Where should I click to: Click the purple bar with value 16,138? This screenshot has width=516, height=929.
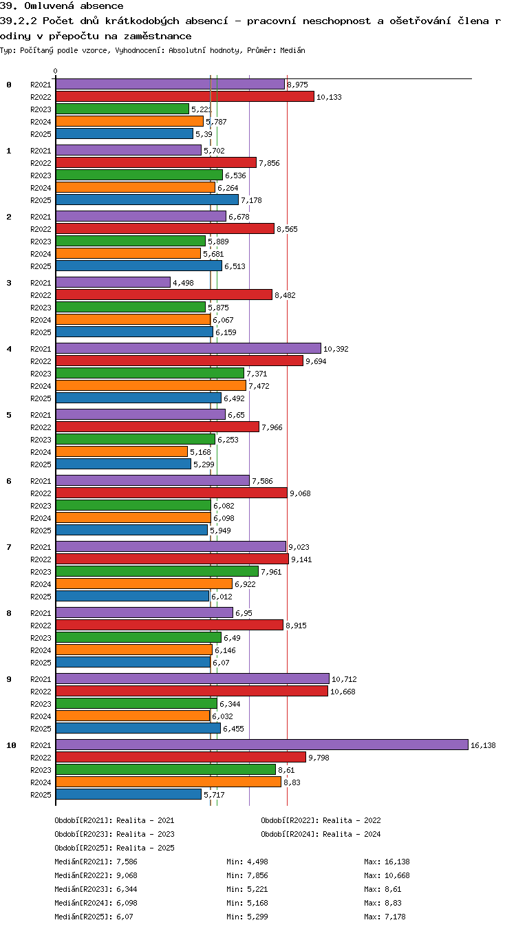(261, 745)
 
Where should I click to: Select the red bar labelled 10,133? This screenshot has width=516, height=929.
(185, 96)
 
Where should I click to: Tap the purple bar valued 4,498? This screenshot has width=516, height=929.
(114, 282)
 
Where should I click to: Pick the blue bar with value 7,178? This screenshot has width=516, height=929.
(147, 200)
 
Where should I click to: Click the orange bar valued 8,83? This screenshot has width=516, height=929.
(169, 782)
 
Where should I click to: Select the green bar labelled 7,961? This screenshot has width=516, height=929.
(157, 571)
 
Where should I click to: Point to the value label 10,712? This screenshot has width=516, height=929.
(344, 679)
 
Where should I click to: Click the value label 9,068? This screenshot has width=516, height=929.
(300, 493)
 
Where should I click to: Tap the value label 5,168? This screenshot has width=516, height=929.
(200, 452)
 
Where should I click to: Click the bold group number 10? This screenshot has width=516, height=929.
(11, 745)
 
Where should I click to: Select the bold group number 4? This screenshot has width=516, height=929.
(9, 349)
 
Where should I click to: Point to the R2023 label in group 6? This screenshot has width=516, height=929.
(41, 506)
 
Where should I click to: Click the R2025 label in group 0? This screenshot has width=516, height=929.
(41, 134)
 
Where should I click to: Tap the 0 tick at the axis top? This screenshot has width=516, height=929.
(56, 72)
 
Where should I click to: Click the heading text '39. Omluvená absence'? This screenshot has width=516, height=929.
(62, 6)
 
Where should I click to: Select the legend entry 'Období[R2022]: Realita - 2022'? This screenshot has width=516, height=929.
(321, 820)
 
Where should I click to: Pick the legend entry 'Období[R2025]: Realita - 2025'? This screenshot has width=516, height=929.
(114, 848)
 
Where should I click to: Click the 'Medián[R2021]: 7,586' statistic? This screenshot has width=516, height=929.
(96, 862)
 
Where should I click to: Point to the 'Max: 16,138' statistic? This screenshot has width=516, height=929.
(387, 862)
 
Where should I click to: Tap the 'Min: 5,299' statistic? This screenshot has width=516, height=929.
(247, 917)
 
